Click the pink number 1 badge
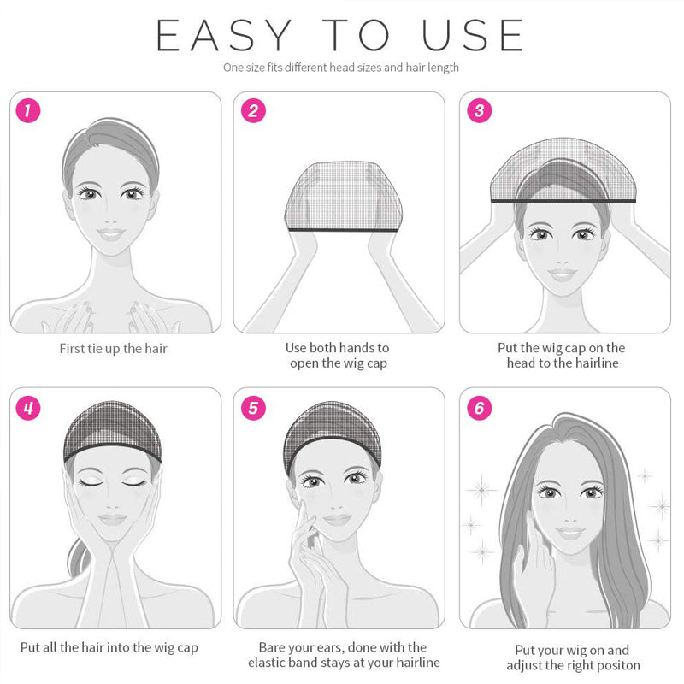coord(28,110)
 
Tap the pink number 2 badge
coord(253,110)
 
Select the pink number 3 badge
coord(479,110)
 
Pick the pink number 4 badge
coord(28,409)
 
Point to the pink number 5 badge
coord(253,409)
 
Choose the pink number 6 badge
coord(479,409)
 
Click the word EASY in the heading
coord(224,35)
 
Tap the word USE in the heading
coord(473,35)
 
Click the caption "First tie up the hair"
coord(114,349)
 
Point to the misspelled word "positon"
coord(616,666)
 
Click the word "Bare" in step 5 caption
coord(271,647)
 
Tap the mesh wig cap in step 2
coord(344,197)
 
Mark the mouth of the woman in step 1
coord(111,233)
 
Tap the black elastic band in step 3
coord(563,201)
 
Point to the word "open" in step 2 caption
coord(304,363)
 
